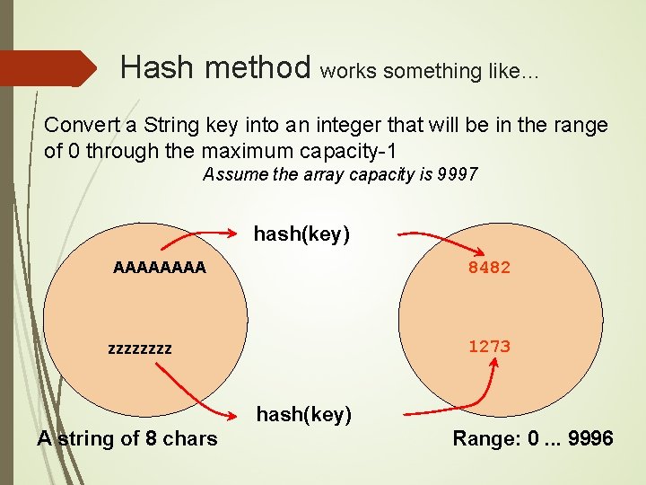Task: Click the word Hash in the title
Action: tap(153, 66)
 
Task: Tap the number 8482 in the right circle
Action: tap(489, 268)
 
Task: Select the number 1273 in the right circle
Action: tap(489, 347)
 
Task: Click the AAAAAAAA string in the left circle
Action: tap(159, 267)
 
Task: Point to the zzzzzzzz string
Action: tap(139, 348)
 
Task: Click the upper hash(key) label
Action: tap(301, 234)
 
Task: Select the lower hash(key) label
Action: tap(304, 414)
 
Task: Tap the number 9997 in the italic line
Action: tap(458, 174)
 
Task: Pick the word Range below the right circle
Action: tap(482, 438)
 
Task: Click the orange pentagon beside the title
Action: tap(48, 68)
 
